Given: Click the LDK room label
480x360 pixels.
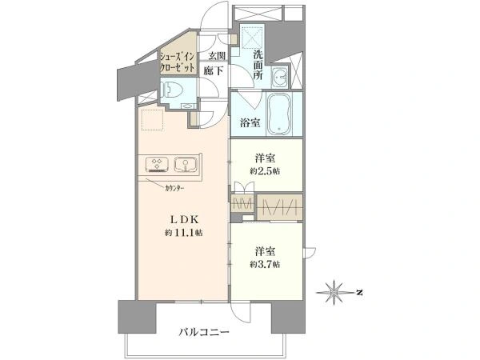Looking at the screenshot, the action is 185,220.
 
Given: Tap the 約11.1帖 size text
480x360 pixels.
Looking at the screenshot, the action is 184,233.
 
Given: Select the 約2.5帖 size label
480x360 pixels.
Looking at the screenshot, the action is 265,171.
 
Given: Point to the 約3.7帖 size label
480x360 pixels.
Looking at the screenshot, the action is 265,264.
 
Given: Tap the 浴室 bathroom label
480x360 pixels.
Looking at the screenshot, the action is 250,123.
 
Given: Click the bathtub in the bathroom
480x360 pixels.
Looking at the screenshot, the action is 279,114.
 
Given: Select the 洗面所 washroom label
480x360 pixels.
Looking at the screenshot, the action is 258,65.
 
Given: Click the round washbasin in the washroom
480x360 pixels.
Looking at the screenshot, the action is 280,77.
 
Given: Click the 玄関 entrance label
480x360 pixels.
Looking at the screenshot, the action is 217,56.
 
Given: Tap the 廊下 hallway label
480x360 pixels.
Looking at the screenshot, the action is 214,71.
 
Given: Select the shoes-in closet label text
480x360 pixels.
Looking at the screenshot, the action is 178,62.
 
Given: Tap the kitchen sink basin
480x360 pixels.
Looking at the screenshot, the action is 185,164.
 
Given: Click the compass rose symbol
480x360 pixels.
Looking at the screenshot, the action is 334,292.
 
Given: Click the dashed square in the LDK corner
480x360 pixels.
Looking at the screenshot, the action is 153,120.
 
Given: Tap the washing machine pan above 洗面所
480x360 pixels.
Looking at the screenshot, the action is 253,37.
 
